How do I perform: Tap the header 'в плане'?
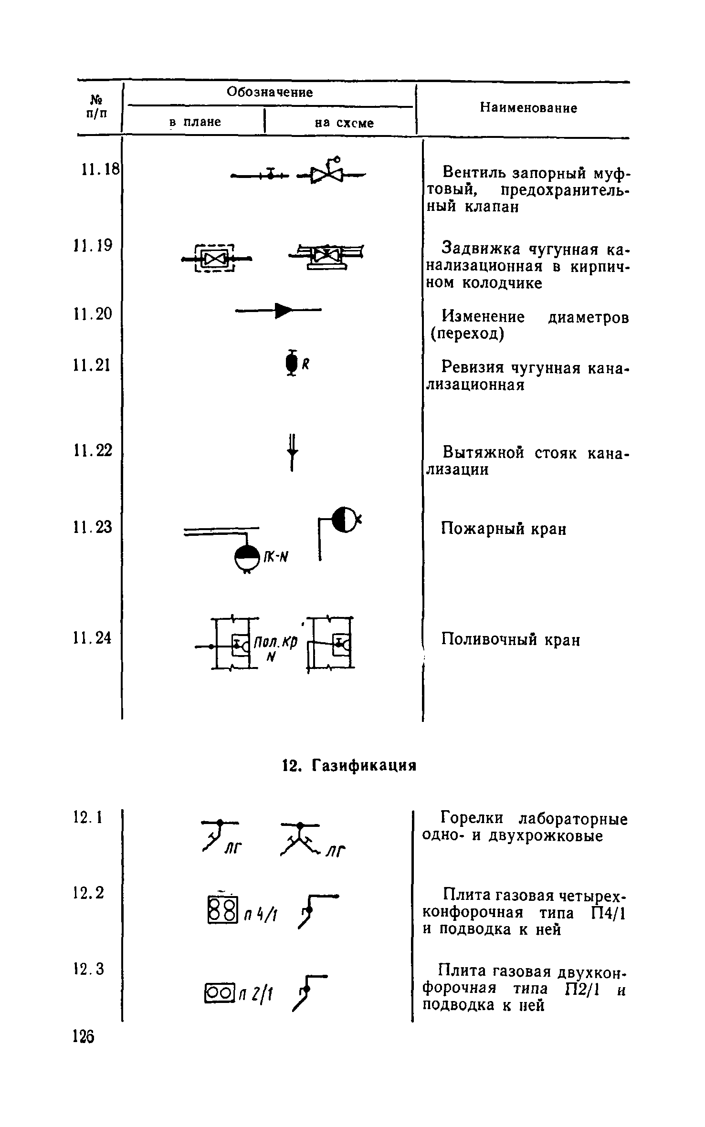[x=195, y=123]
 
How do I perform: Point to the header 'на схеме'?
[x=344, y=124]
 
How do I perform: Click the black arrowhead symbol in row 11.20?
[x=283, y=311]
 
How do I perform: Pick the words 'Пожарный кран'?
[x=504, y=529]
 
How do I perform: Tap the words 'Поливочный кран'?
[x=510, y=640]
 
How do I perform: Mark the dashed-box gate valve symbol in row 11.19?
[x=217, y=259]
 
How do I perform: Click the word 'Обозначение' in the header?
[x=270, y=92]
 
